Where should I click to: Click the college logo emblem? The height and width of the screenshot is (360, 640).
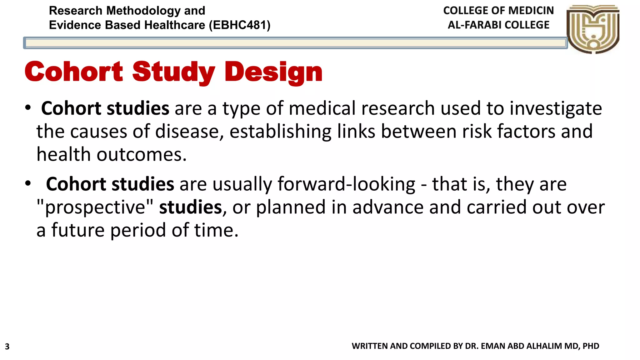click(593, 29)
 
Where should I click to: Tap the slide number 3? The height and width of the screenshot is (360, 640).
click(7, 347)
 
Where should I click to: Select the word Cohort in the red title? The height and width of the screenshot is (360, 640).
click(74, 72)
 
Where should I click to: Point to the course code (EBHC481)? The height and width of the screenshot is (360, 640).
click(240, 25)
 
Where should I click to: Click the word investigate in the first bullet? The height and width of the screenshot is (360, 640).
click(556, 109)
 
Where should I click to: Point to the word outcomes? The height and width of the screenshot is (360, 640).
click(141, 155)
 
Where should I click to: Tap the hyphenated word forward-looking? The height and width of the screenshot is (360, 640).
click(346, 184)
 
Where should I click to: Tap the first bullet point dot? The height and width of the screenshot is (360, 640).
click(28, 108)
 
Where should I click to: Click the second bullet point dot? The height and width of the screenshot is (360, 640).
click(28, 183)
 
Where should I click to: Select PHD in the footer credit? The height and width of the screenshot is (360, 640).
click(591, 346)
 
